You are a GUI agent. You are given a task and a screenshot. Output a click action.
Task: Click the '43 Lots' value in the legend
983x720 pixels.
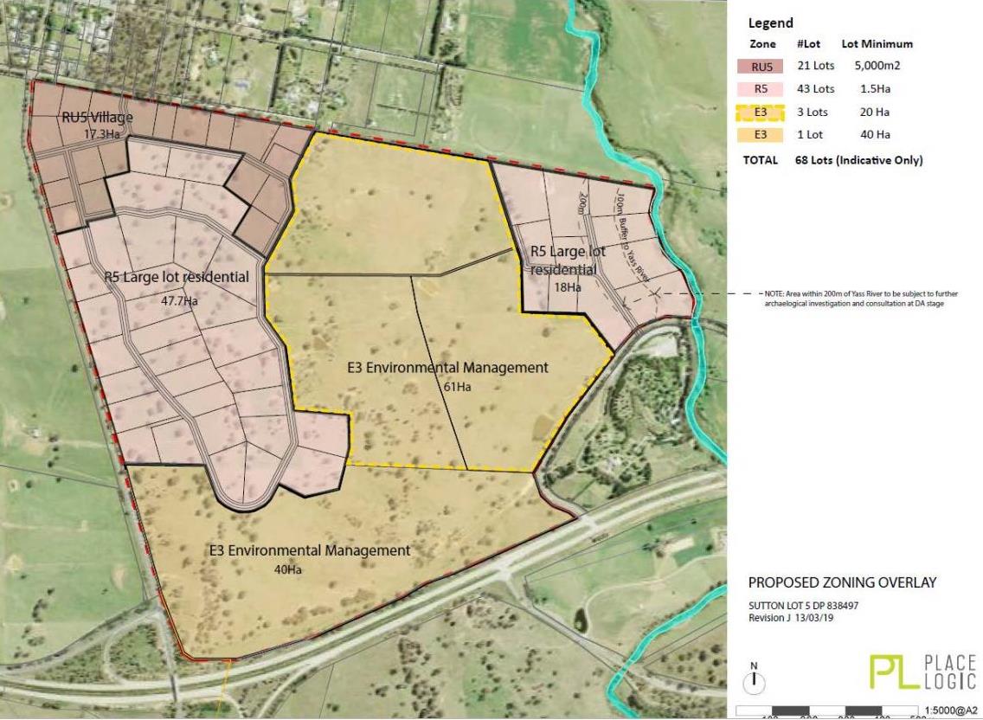tap(815, 89)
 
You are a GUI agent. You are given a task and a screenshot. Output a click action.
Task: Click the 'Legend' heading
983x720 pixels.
tap(770, 23)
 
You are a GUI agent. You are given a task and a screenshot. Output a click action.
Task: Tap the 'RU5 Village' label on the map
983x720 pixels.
tap(96, 119)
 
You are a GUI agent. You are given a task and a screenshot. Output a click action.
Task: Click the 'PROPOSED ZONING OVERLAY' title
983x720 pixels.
tap(842, 583)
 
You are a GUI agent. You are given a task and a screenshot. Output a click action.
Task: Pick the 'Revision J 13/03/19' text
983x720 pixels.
tap(795, 618)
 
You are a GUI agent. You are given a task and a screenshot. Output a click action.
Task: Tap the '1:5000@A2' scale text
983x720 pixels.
tap(950, 710)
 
